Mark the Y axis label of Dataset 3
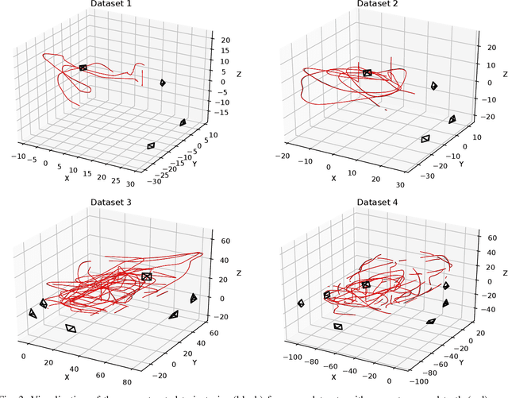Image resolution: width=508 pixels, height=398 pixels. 194,361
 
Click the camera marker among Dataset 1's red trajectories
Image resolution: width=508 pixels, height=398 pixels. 83,68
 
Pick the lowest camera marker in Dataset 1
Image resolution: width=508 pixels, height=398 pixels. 151,145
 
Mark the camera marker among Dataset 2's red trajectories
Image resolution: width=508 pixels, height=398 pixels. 367,73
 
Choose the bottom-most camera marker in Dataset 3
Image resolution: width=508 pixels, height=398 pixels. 71,328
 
